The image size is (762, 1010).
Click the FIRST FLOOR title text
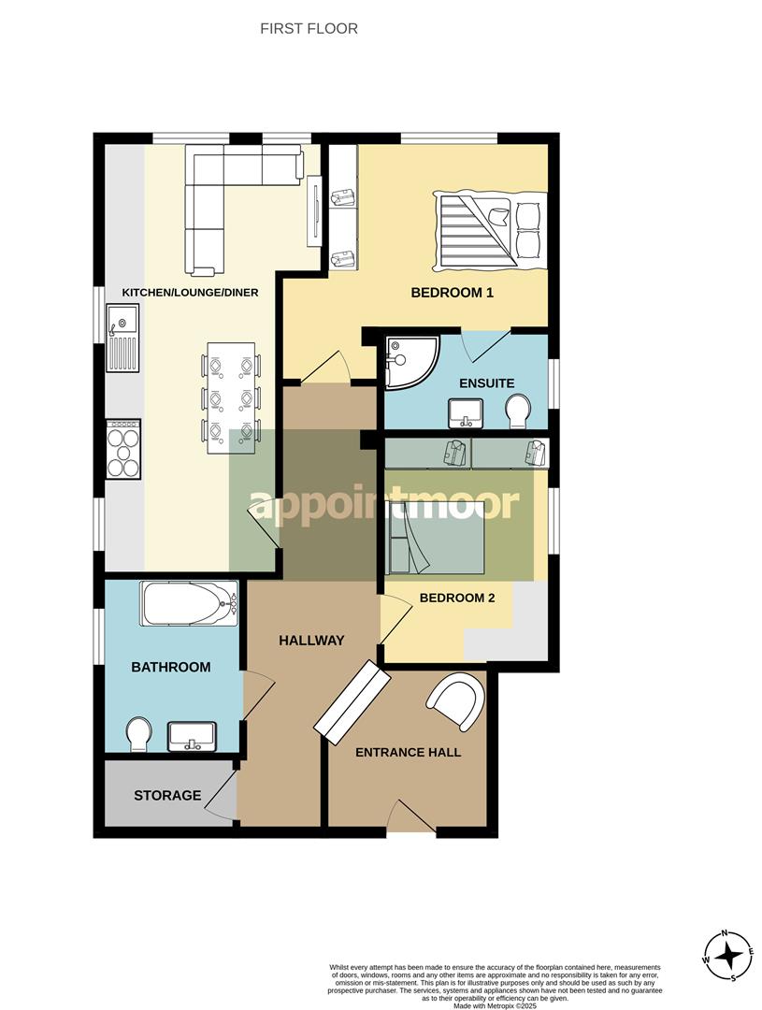pos(309,29)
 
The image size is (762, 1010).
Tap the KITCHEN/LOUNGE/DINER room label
pos(190,293)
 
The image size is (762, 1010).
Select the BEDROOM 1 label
pos(452,293)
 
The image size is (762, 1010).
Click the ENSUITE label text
pos(486,383)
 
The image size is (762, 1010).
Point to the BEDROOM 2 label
pos(456,598)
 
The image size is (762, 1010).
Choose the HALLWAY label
pos(311,641)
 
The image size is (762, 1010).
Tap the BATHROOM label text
pos(170,668)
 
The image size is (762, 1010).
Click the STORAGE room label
pos(167,796)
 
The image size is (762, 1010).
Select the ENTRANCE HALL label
pos(408,752)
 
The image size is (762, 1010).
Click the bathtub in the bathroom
pos(190,604)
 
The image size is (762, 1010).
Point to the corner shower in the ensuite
pos(408,361)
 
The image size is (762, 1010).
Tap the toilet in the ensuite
pos(517,410)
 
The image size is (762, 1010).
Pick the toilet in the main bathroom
pos(138,734)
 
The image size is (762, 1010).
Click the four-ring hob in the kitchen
pos(123,449)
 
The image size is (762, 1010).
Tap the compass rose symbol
pos(727,955)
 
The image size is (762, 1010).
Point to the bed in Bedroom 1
pos(489,227)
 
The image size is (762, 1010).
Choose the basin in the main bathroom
pos(192,735)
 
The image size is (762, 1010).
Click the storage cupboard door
pos(221,795)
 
